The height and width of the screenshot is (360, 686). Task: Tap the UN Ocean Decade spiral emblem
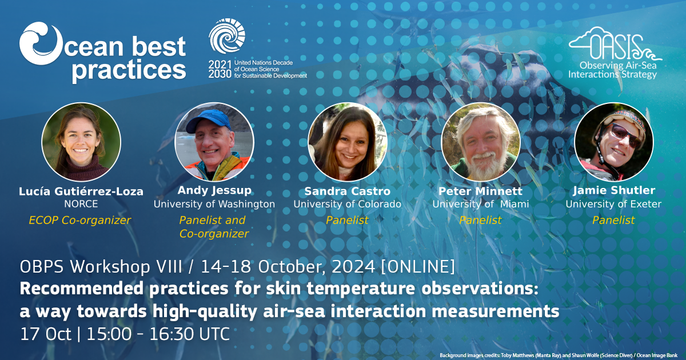pos(227,36)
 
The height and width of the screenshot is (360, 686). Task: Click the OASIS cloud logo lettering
pos(615,44)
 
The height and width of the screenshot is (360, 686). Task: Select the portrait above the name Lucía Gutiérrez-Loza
pos(81,142)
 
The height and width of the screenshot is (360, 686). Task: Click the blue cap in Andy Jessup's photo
pos(208,120)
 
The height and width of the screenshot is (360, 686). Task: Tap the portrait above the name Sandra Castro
pos(348,142)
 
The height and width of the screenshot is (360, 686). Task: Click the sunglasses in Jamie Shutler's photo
pos(623,135)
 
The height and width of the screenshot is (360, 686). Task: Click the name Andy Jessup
pos(214,190)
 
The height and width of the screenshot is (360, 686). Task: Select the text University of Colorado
pos(348,204)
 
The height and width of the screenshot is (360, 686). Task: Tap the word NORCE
pos(81,204)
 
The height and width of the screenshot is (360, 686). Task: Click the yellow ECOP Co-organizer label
pos(79,220)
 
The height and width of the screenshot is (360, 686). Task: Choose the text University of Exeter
pos(613,204)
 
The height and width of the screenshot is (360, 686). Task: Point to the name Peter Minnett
pos(480,191)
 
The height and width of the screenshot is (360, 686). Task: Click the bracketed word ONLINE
pos(418,267)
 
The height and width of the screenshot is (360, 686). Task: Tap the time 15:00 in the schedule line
pos(109,334)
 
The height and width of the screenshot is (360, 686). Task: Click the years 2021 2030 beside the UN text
pos(220,69)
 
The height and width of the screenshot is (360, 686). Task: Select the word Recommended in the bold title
pos(81,289)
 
